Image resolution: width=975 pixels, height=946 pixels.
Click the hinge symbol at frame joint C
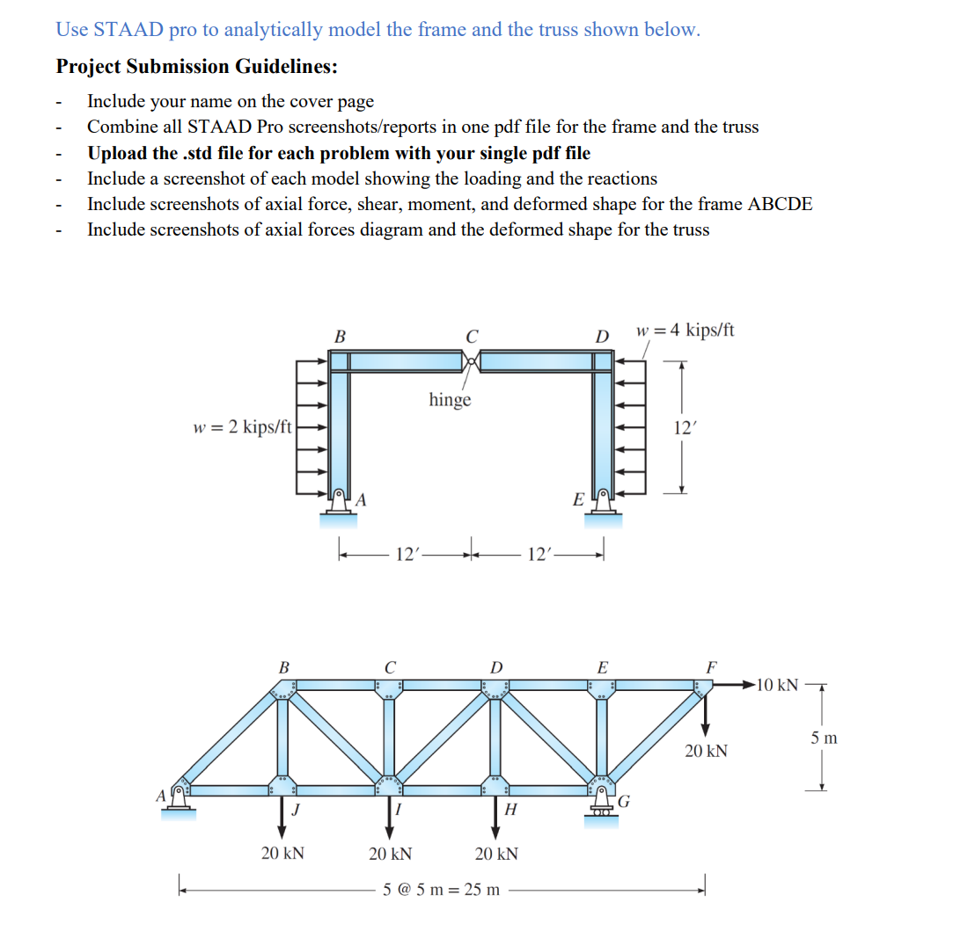(x=473, y=360)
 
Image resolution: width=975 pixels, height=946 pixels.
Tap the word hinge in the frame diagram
(x=450, y=400)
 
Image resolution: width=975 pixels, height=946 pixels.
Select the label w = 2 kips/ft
(x=242, y=427)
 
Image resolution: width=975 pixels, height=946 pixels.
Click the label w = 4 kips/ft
(x=684, y=331)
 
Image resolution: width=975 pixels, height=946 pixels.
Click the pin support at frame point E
(x=603, y=504)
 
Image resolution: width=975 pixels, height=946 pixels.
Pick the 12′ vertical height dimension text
(x=684, y=428)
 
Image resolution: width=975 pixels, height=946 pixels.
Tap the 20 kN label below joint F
(x=706, y=751)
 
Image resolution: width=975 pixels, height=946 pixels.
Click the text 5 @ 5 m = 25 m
(x=442, y=889)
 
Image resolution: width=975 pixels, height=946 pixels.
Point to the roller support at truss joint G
(x=602, y=806)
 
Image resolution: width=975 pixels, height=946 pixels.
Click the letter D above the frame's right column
(x=602, y=337)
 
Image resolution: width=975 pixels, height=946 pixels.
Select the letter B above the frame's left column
(x=340, y=336)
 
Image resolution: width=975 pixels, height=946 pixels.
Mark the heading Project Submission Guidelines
(x=196, y=67)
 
